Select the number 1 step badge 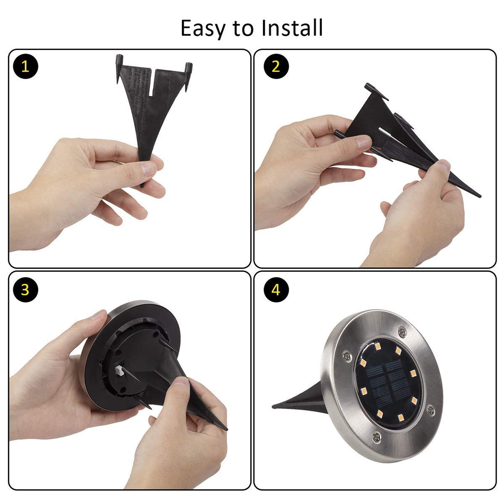point(25,67)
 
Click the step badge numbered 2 point(276,67)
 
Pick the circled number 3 point(25,290)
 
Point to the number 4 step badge point(276,290)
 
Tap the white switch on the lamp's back point(121,370)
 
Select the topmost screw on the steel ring point(402,330)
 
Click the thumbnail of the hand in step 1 point(149,169)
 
